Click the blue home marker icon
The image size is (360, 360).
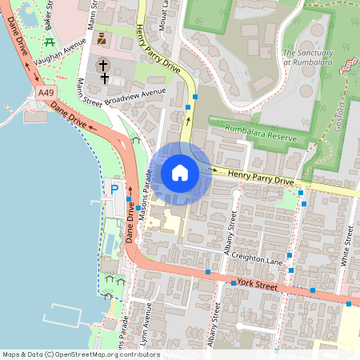point(180,173)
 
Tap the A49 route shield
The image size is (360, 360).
point(46,94)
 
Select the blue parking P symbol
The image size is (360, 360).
point(114,189)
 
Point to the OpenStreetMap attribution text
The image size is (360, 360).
point(80,354)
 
